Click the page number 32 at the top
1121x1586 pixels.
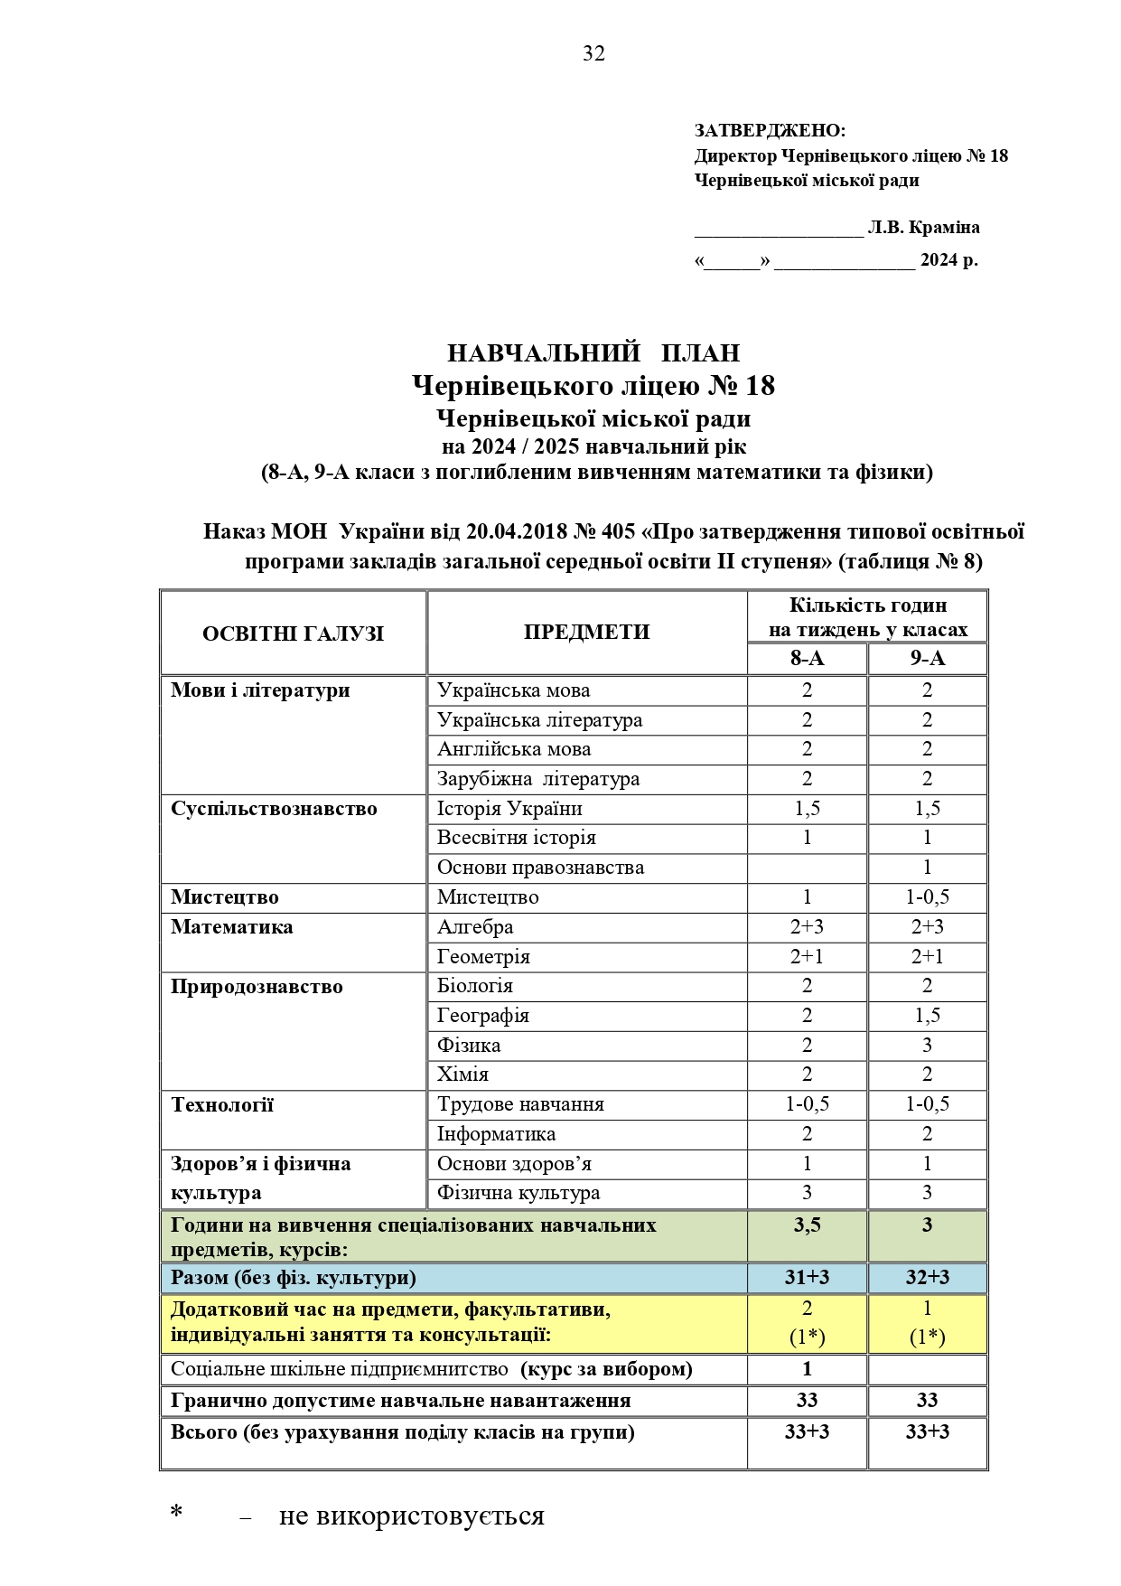pyautogui.click(x=593, y=54)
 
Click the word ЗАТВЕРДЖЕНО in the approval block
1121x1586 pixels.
pyautogui.click(x=770, y=131)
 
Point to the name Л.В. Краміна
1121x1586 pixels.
pyautogui.click(x=923, y=228)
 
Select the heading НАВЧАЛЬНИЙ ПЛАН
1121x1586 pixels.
pyautogui.click(x=593, y=352)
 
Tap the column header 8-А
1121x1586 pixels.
pyautogui.click(x=807, y=659)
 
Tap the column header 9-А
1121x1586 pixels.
pyautogui.click(x=927, y=659)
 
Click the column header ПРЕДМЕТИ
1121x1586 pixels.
pyautogui.click(x=586, y=632)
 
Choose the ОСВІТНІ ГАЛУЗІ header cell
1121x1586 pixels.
pyautogui.click(x=293, y=633)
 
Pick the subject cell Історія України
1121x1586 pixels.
pyautogui.click(x=509, y=809)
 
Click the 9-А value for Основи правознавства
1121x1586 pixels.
pyautogui.click(x=927, y=868)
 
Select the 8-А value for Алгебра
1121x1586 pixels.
pyautogui.click(x=807, y=927)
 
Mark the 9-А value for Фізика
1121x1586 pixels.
pyautogui.click(x=927, y=1046)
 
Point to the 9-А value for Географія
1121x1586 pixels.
pyautogui.click(x=927, y=1016)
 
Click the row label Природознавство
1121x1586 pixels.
pyautogui.click(x=257, y=987)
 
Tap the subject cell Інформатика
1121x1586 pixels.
pyautogui.click(x=496, y=1134)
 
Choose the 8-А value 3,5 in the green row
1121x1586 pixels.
pyautogui.click(x=807, y=1225)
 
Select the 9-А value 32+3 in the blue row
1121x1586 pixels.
pyautogui.click(x=927, y=1278)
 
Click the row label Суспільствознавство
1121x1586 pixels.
pyautogui.click(x=274, y=809)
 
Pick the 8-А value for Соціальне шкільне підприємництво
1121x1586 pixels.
pyautogui.click(x=807, y=1369)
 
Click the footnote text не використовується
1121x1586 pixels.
pyautogui.click(x=412, y=1516)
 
